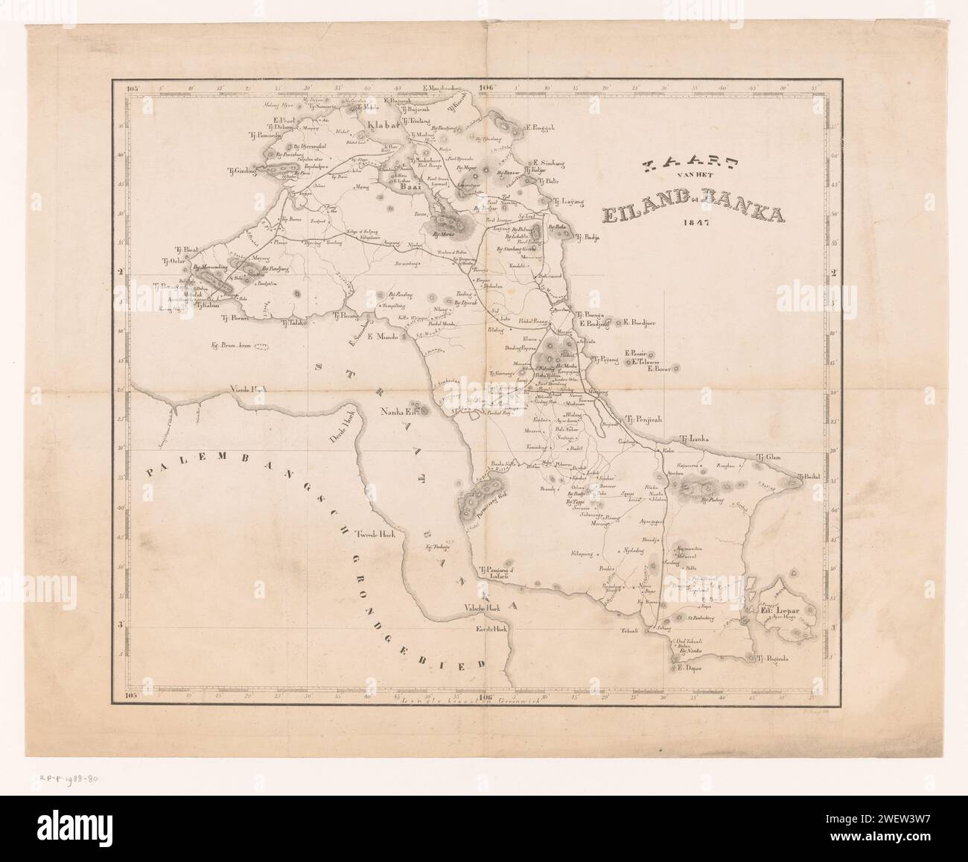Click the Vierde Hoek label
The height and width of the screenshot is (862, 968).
224,390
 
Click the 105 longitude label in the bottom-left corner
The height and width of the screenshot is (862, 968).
133,697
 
